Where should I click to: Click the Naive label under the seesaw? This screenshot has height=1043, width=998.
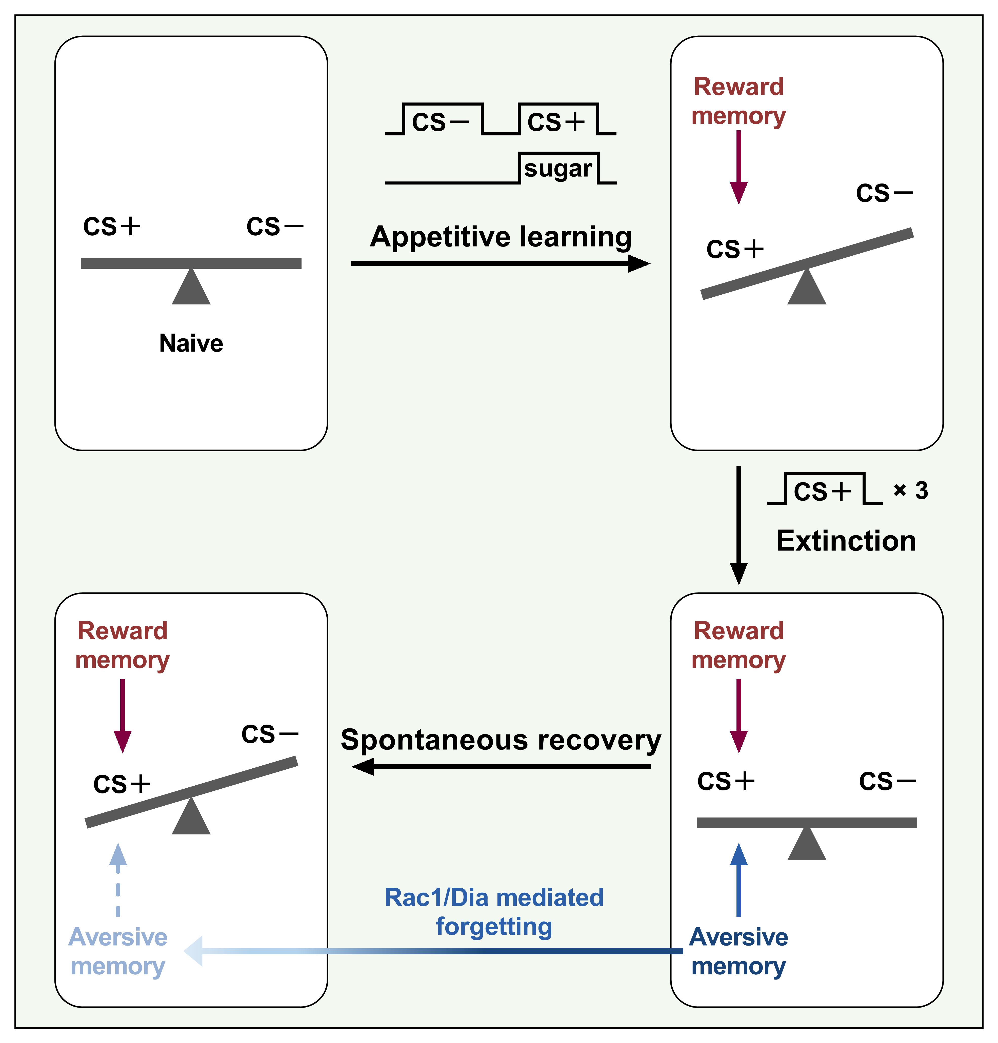[x=191, y=343]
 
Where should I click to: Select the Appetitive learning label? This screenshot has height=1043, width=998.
[x=501, y=237]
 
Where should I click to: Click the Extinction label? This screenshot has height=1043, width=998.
[x=846, y=541]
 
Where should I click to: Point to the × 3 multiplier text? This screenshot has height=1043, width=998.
[x=911, y=490]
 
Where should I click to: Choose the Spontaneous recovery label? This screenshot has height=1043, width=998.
[x=501, y=740]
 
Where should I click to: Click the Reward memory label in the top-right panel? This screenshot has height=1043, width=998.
[x=738, y=101]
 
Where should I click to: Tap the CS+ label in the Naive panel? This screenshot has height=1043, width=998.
[x=112, y=227]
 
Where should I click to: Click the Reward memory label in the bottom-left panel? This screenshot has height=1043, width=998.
[x=122, y=645]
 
